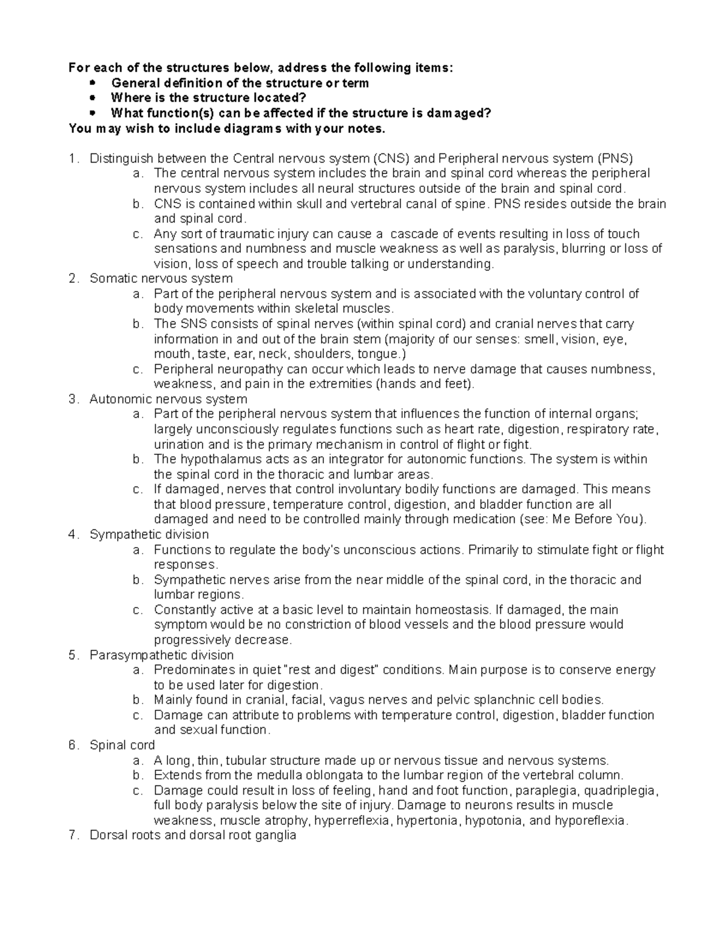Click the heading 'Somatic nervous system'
pyautogui.click(x=161, y=278)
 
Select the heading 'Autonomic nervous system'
pyautogui.click(x=168, y=399)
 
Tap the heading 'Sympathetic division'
pyautogui.click(x=149, y=534)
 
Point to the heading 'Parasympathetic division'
pyautogui.click(x=161, y=655)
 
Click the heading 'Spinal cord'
pyautogui.click(x=122, y=745)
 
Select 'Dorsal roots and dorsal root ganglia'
pyautogui.click(x=193, y=835)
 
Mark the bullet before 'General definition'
pyautogui.click(x=92, y=82)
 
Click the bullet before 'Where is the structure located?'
pyautogui.click(x=92, y=98)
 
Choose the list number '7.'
pyautogui.click(x=74, y=835)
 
